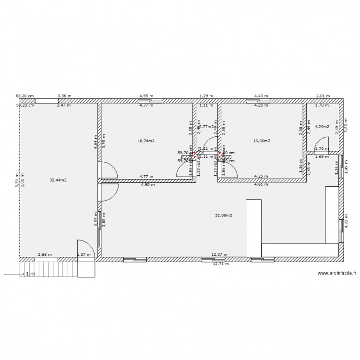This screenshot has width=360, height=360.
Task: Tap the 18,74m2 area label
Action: [146, 141]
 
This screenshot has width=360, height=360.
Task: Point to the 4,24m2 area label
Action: [322, 127]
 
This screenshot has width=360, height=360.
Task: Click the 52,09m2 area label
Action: [224, 216]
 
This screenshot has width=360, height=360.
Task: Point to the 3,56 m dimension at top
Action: [65, 96]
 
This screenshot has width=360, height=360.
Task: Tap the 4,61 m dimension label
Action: [261, 184]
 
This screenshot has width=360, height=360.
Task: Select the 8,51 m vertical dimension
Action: [16, 180]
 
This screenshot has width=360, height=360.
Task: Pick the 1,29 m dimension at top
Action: [206, 96]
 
